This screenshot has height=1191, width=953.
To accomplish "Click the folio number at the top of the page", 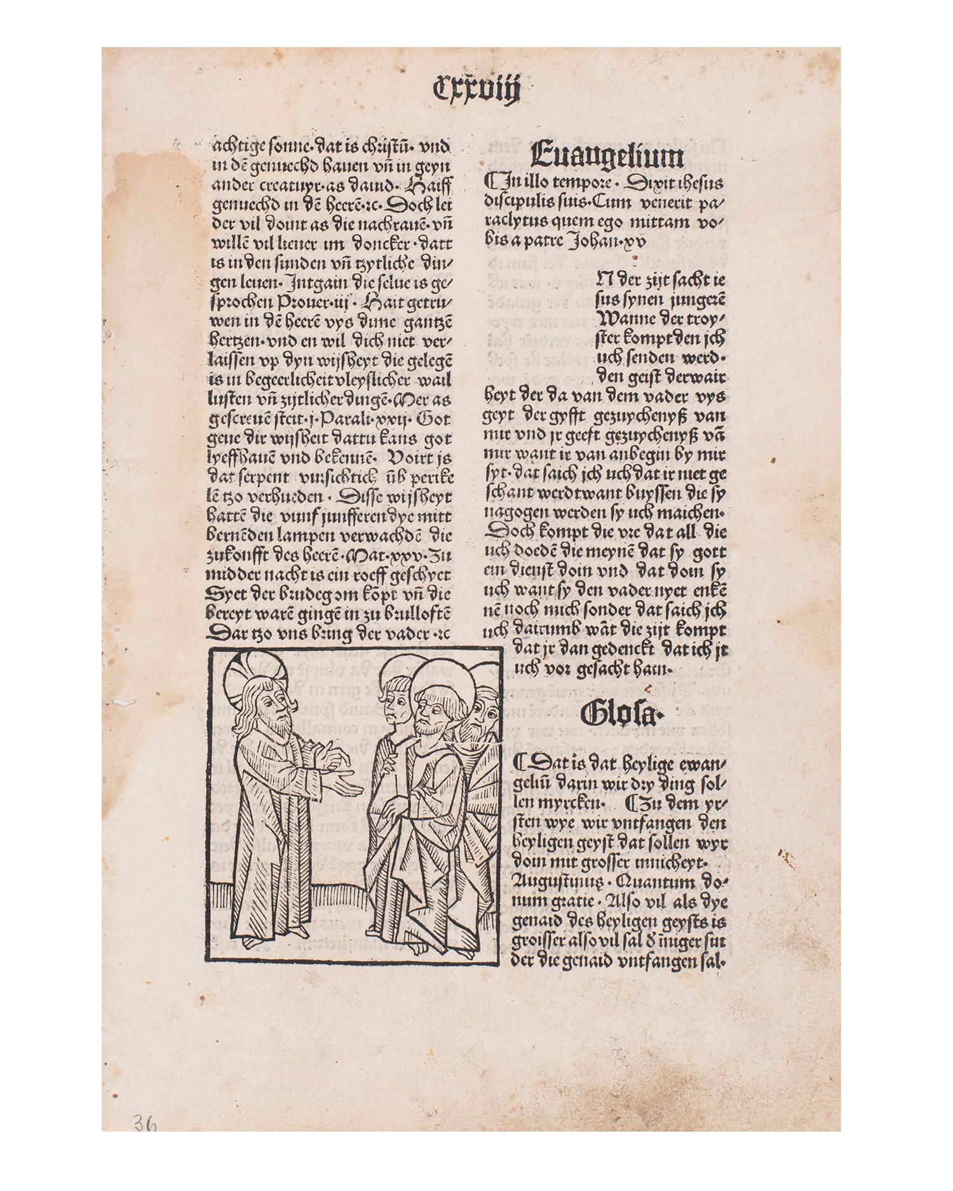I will click(x=476, y=90).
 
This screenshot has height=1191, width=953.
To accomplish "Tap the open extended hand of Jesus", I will click(x=346, y=788).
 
